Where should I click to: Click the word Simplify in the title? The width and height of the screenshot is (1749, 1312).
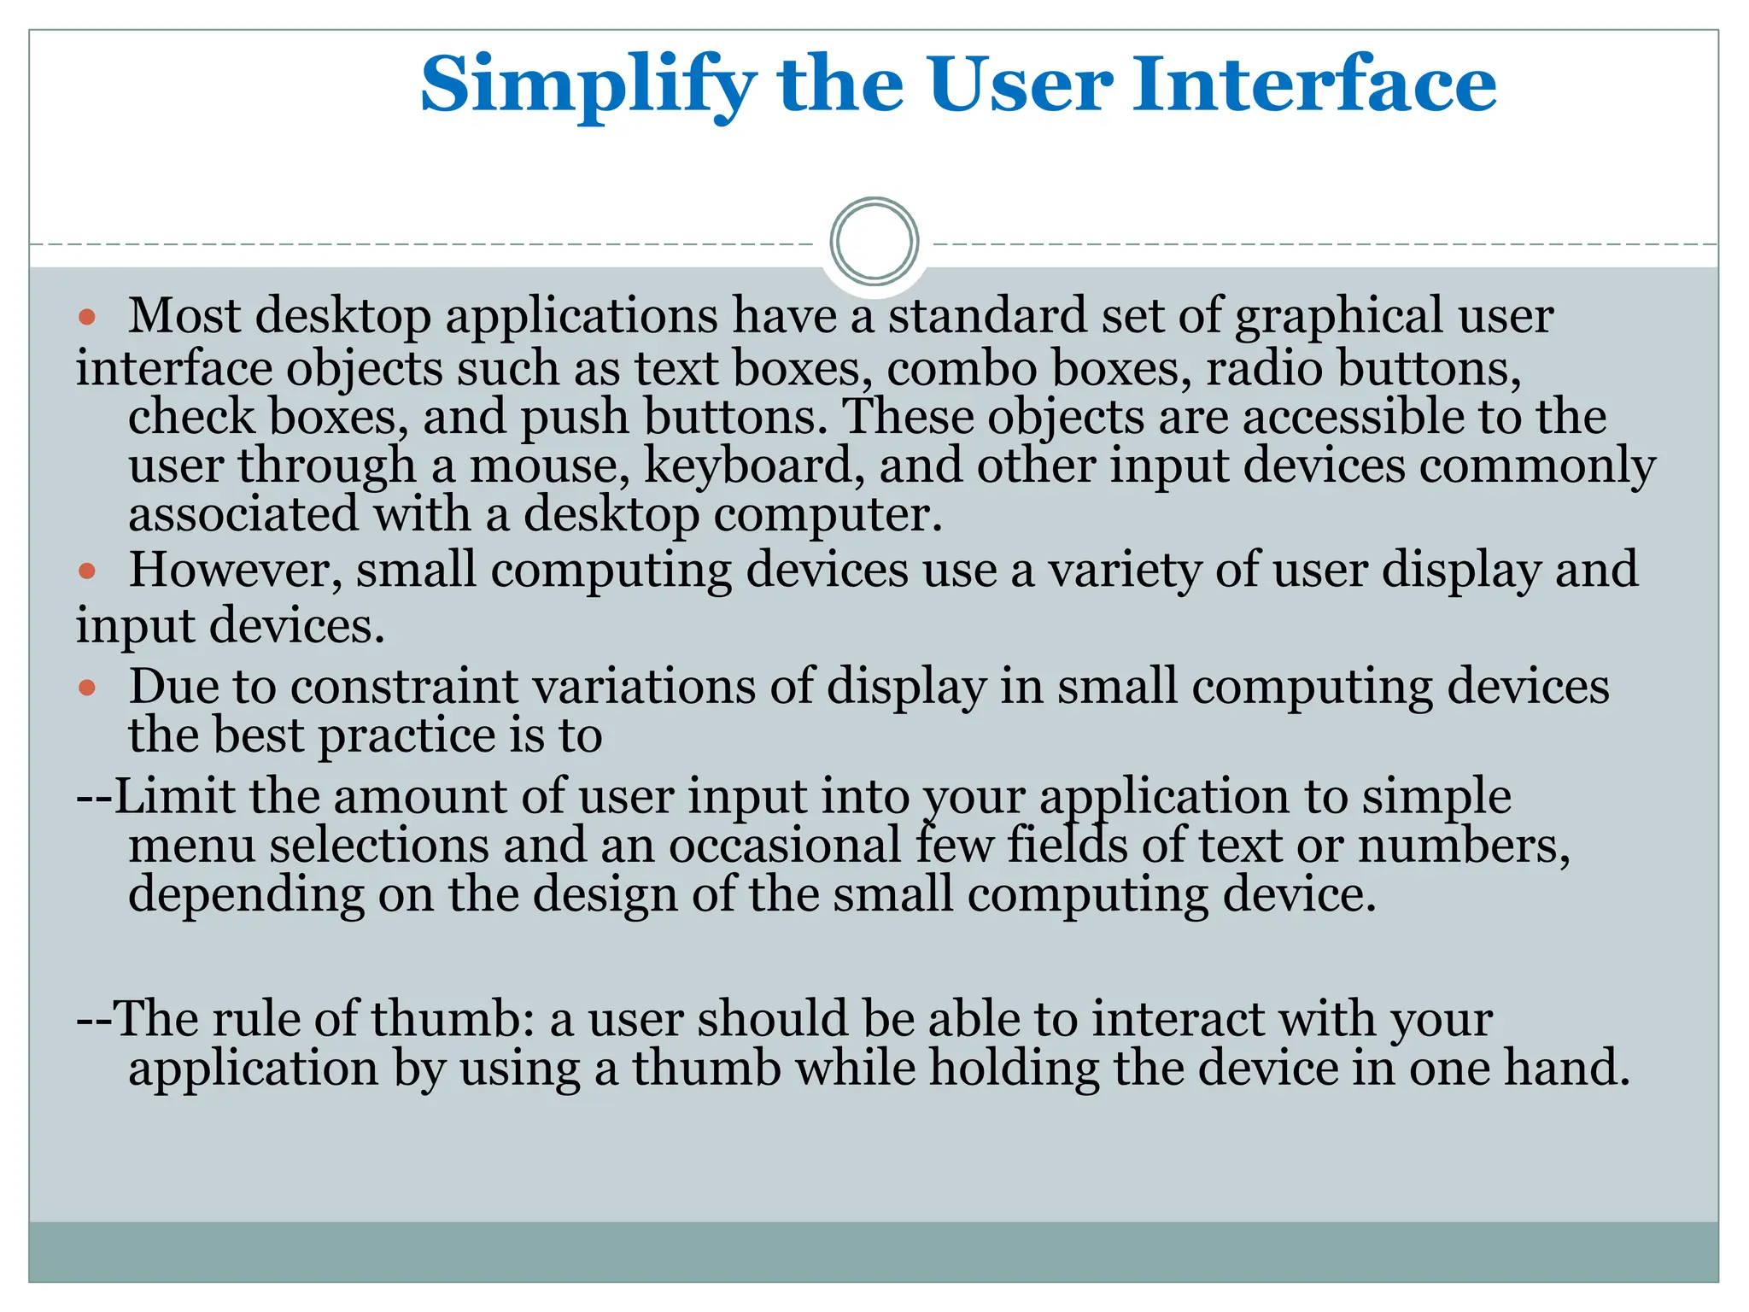pos(588,85)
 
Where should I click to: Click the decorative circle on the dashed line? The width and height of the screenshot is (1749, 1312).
pos(874,242)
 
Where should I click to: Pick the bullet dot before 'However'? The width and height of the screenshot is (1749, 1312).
pos(86,571)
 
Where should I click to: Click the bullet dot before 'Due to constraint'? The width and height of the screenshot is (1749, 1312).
pos(86,687)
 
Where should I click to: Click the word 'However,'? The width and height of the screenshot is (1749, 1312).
pos(236,570)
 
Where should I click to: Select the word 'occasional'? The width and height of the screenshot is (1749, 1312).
pos(785,846)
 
